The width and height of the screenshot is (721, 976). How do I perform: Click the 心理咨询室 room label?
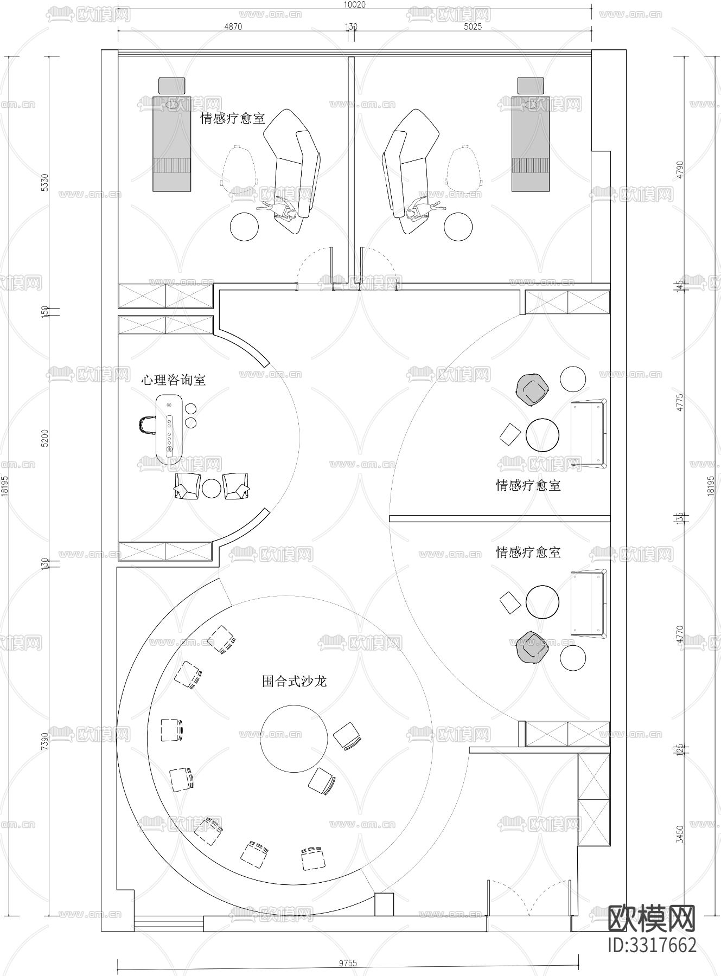[x=173, y=380]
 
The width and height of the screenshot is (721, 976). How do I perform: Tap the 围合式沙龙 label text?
[x=294, y=681]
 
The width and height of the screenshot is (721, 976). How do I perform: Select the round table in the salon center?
[x=294, y=738]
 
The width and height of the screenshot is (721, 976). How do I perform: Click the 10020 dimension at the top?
[x=354, y=4]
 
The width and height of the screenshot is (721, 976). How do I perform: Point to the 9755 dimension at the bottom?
[x=348, y=964]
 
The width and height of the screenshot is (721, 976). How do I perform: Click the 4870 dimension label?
[x=233, y=27]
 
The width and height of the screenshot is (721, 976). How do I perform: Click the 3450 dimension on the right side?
[x=680, y=831]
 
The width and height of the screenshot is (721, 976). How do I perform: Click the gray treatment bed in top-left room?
[x=172, y=143]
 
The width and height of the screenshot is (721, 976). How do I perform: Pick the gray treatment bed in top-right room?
[x=531, y=143]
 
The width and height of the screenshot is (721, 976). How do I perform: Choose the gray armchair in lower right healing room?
[x=532, y=647]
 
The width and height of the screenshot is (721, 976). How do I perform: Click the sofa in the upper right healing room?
[x=588, y=434]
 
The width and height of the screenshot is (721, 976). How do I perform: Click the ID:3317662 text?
[x=652, y=945]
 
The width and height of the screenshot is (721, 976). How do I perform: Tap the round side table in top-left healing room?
[x=244, y=227]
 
